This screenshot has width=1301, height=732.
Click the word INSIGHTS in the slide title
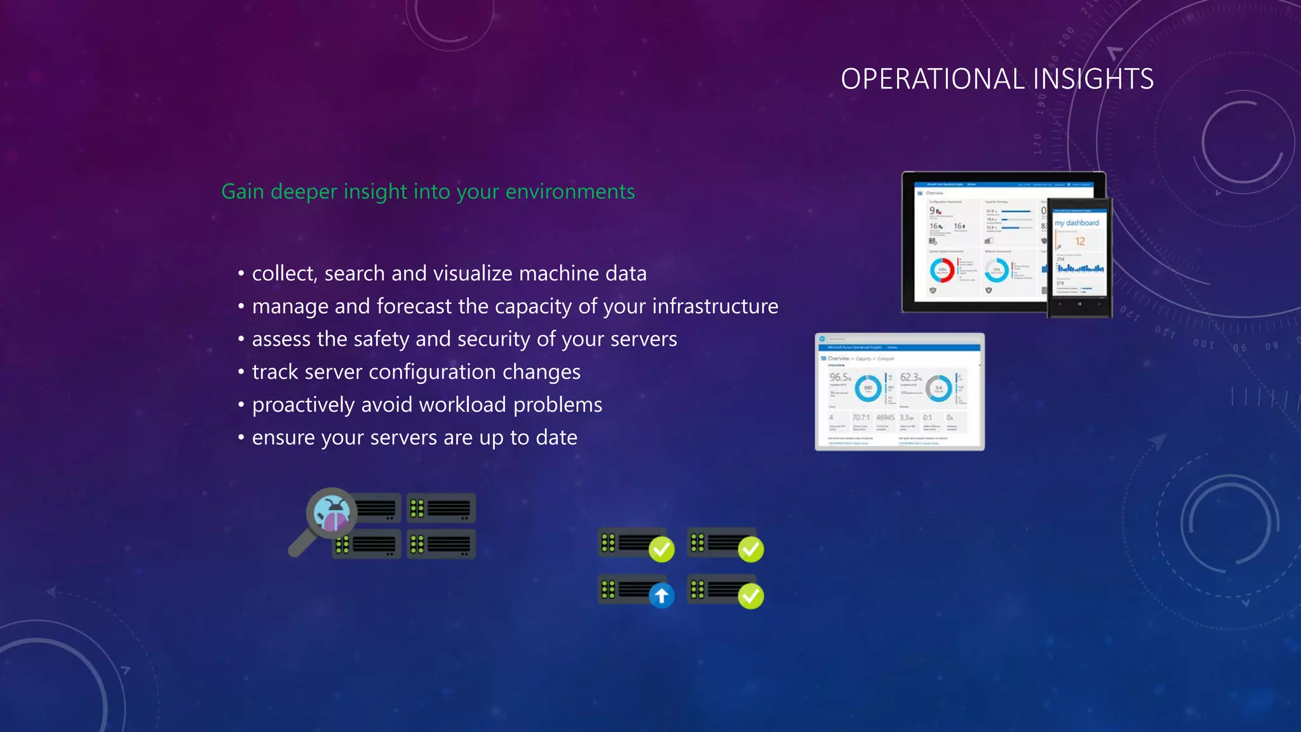point(1093,79)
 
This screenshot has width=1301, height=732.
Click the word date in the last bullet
point(556,438)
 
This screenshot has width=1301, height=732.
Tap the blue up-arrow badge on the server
point(661,595)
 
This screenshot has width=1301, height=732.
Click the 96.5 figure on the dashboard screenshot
point(839,377)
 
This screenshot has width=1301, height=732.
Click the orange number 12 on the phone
point(1080,241)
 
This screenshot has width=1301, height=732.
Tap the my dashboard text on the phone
point(1077,222)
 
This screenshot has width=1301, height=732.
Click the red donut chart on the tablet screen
point(942,270)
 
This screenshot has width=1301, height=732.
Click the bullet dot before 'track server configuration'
point(241,372)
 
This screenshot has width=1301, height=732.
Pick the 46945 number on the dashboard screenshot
point(885,417)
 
